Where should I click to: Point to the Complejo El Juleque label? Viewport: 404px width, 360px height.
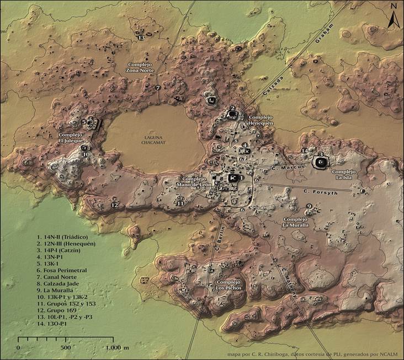point(71,138)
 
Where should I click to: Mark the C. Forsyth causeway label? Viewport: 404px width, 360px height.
point(320,191)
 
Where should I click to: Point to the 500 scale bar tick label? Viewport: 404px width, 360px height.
point(66,348)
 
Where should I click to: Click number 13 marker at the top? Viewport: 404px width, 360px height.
point(141,37)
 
